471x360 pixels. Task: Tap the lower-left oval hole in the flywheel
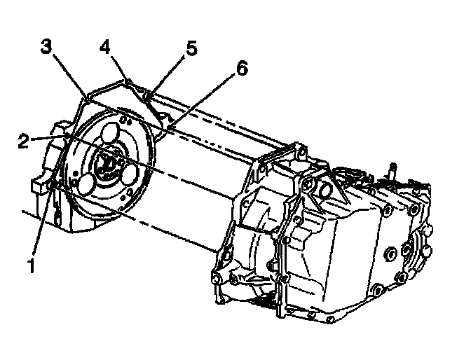click(85, 184)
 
